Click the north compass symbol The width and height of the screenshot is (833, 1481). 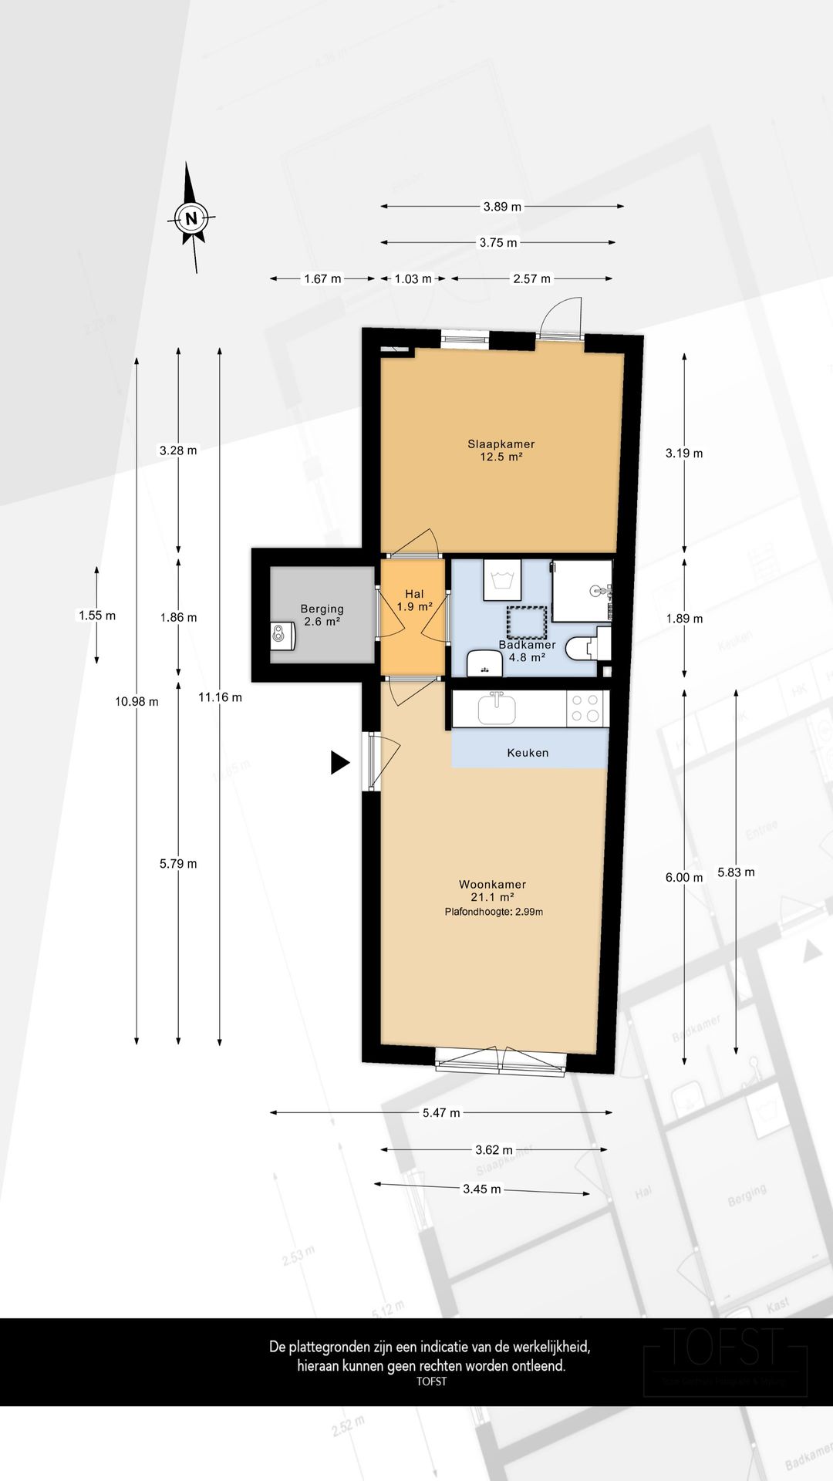point(191,218)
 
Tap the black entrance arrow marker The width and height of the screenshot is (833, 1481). point(339,762)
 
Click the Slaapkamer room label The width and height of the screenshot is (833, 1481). point(501,450)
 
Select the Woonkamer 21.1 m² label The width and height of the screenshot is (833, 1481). point(492,891)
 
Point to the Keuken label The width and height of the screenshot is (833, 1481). point(528,752)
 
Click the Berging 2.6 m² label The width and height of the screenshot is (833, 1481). point(322,615)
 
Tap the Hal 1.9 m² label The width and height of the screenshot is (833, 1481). point(414,600)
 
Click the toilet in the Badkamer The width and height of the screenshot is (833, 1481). point(581,648)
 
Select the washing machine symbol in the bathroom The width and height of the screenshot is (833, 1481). point(501,580)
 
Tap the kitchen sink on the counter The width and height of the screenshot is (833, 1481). point(497,707)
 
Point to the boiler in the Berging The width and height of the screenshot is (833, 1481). point(282,636)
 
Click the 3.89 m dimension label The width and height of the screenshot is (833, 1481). point(502,206)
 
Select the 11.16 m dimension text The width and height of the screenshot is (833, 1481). point(220,697)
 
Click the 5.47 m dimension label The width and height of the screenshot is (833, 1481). point(441,1112)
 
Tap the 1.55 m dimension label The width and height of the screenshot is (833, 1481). point(97,616)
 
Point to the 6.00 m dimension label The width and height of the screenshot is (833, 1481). point(684,877)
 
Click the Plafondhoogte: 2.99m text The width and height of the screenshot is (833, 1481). point(494,912)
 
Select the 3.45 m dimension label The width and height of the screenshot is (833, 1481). point(481,1189)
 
